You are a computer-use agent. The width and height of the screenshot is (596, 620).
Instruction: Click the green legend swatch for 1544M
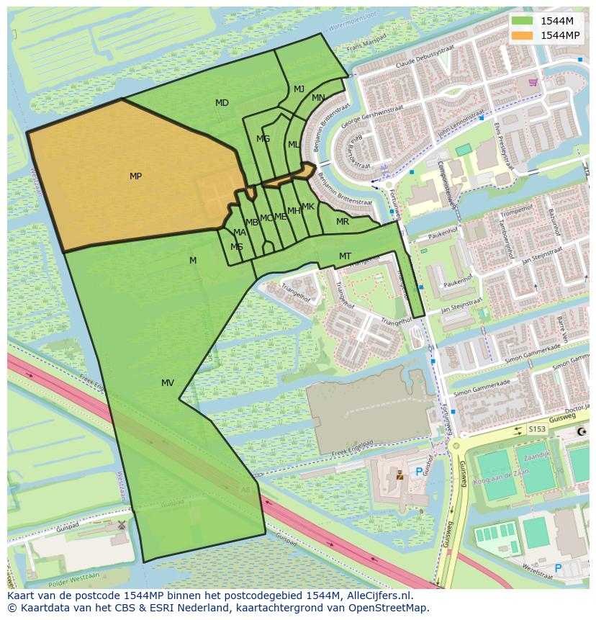pyautogui.click(x=523, y=21)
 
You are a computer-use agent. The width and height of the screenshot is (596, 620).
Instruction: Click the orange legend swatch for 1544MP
pyautogui.click(x=523, y=35)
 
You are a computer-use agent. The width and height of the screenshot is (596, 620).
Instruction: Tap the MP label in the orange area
pyautogui.click(x=135, y=176)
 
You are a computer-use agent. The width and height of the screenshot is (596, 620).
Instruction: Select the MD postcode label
pyautogui.click(x=222, y=103)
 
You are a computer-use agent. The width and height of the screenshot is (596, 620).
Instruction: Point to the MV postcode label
pyautogui.click(x=168, y=383)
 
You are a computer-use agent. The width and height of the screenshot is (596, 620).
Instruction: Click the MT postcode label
pyautogui.click(x=345, y=256)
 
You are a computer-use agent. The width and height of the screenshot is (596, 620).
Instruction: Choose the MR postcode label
pyautogui.click(x=343, y=222)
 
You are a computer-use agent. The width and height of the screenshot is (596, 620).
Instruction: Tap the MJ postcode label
pyautogui.click(x=299, y=89)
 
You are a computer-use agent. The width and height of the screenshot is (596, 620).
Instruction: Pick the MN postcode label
pyautogui.click(x=318, y=98)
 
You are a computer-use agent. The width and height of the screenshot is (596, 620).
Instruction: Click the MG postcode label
pyautogui.click(x=263, y=139)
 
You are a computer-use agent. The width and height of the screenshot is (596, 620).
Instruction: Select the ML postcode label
pyautogui.click(x=293, y=145)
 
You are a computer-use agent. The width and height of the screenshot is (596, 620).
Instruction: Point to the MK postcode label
pyautogui.click(x=308, y=207)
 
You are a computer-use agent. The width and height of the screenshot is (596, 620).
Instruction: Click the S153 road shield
pyautogui.click(x=537, y=429)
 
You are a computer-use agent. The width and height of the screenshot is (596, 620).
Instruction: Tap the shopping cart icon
pyautogui.click(x=533, y=82)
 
